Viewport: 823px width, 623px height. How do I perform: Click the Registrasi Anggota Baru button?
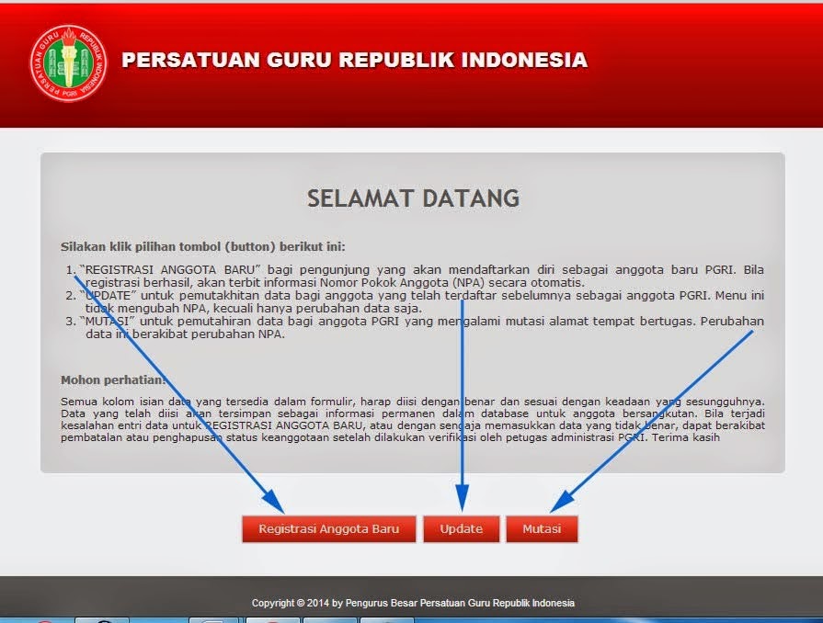[x=328, y=529]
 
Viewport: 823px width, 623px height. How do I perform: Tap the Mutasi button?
[x=542, y=529]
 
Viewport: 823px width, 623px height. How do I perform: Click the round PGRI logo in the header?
[x=68, y=62]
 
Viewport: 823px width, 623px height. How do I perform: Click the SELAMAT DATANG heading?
[x=413, y=198]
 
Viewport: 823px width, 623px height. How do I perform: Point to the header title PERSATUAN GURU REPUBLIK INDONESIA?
[x=354, y=61]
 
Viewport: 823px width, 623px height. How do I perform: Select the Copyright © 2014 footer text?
[x=413, y=603]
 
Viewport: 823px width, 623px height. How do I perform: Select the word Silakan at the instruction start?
[x=81, y=246]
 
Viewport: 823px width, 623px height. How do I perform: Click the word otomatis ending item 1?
[x=556, y=283]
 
